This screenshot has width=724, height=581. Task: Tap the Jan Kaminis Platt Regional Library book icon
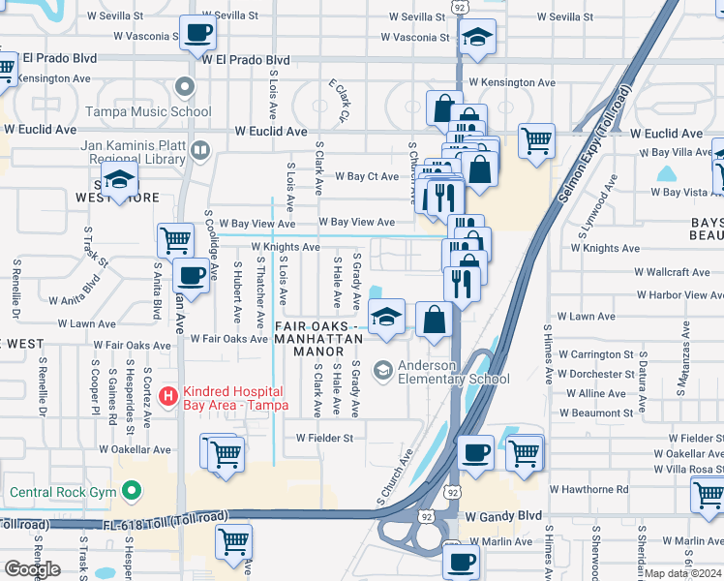click(x=200, y=150)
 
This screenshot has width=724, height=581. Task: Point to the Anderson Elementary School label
click(x=451, y=372)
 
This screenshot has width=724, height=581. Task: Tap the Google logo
click(x=32, y=569)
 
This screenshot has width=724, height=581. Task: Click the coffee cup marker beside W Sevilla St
click(x=197, y=33)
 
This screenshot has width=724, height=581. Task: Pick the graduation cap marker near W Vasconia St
click(x=477, y=38)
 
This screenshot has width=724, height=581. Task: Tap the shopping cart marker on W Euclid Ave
click(x=535, y=141)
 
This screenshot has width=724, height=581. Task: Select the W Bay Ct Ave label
click(x=367, y=177)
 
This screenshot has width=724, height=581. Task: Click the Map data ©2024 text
click(x=681, y=573)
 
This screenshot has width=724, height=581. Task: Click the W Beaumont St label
click(x=602, y=413)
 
